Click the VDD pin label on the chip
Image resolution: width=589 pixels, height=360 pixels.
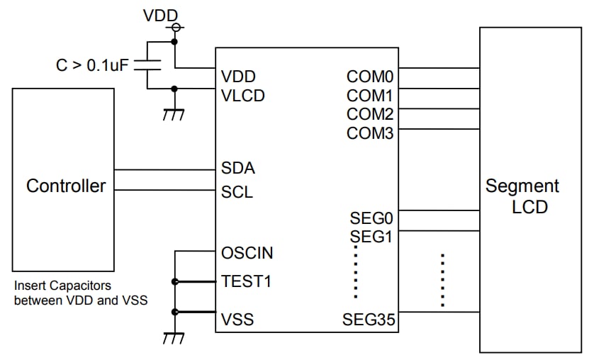point(238,77)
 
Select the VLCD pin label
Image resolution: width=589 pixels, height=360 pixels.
point(242,96)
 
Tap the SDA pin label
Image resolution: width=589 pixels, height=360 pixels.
point(237,169)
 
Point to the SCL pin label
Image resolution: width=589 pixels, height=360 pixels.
point(237,192)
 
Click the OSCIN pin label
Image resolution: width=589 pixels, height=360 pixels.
point(247,253)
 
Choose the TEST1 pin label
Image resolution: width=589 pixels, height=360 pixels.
point(246,282)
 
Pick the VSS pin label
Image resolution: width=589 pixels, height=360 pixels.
point(237,320)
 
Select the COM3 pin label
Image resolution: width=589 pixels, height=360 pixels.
point(370,133)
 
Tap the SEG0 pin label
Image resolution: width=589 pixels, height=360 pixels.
point(371,218)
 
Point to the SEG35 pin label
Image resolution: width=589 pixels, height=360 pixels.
point(368,320)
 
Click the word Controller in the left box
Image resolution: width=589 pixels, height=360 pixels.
point(66,186)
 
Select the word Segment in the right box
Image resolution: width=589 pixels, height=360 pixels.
point(522,186)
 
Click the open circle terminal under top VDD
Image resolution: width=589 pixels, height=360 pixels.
point(174,28)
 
